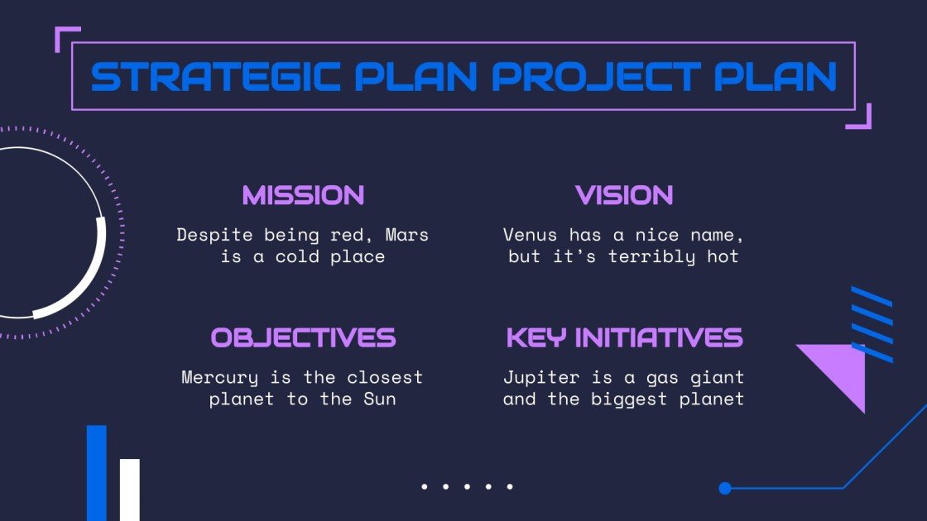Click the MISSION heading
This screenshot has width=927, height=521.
tap(303, 196)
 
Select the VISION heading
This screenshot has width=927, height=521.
tap(624, 196)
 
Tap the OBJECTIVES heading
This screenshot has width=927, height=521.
tap(303, 337)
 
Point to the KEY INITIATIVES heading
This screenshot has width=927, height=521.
tap(624, 337)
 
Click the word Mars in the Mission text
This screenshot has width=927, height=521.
tap(406, 235)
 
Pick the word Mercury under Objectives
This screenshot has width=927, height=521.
tap(219, 378)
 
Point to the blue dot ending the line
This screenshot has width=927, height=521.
tap(725, 488)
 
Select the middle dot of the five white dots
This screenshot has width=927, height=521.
tap(467, 487)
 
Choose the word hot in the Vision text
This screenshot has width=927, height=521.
tap(723, 256)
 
